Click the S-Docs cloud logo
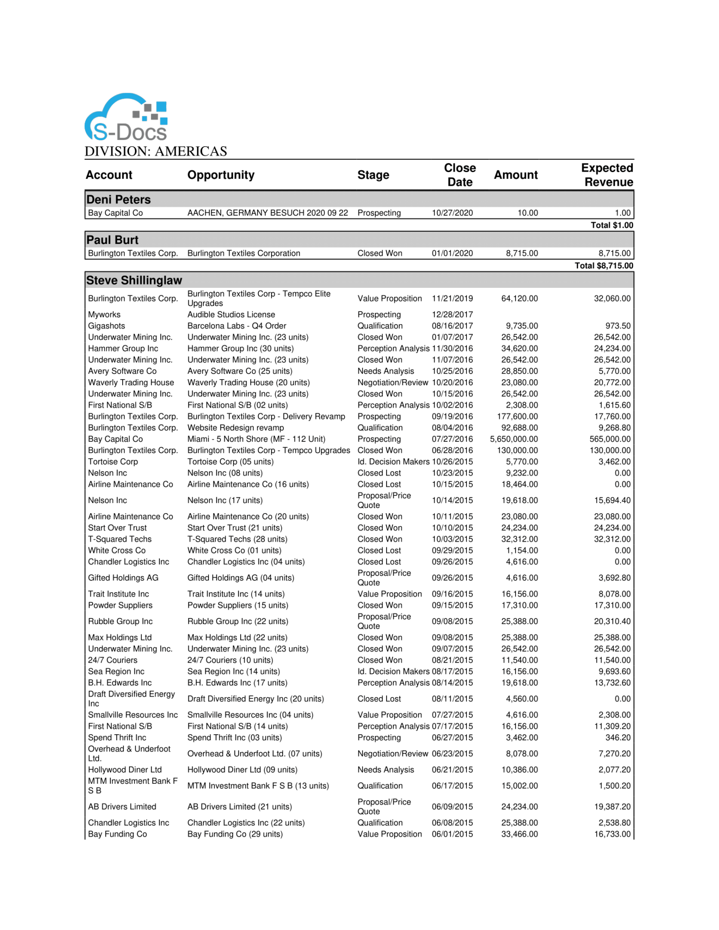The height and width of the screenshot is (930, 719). pyautogui.click(x=126, y=118)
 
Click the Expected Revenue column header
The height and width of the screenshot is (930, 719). pyautogui.click(x=607, y=175)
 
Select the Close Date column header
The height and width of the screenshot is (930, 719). pyautogui.click(x=460, y=175)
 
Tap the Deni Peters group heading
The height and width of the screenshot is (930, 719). pyautogui.click(x=119, y=199)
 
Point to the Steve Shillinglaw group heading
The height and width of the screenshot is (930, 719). pyautogui.click(x=134, y=280)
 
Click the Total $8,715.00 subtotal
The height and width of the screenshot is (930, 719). pyautogui.click(x=604, y=266)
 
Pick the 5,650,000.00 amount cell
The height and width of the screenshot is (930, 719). pyautogui.click(x=514, y=439)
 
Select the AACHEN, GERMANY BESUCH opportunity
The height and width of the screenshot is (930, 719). pyautogui.click(x=268, y=213)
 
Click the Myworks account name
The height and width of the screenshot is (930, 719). pyautogui.click(x=104, y=314)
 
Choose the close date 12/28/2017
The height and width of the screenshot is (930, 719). pyautogui.click(x=452, y=314)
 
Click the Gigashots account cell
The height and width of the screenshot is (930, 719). pyautogui.click(x=107, y=326)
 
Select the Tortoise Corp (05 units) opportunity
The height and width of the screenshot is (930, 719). pyautogui.click(x=230, y=461)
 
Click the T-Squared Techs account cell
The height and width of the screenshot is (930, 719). pyautogui.click(x=120, y=539)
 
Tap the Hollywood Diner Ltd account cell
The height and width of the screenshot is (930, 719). pyautogui.click(x=125, y=770)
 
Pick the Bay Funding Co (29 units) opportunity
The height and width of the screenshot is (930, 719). pyautogui.click(x=235, y=834)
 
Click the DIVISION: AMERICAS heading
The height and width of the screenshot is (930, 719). pyautogui.click(x=156, y=151)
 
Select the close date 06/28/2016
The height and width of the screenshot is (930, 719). pyautogui.click(x=452, y=450)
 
